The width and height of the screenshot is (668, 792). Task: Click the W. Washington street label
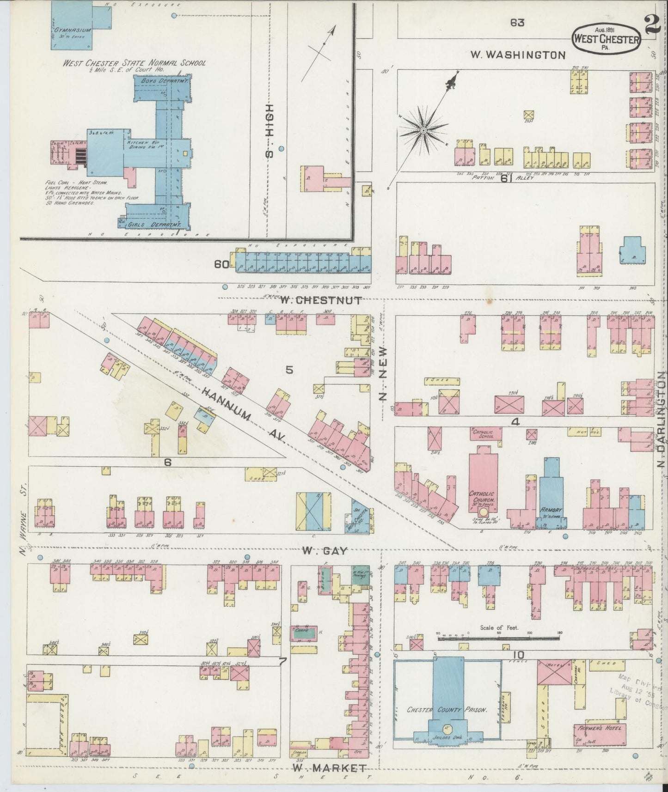pos(518,55)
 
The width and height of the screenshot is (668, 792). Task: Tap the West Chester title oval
pos(606,39)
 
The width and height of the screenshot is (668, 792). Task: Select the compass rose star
pos(423,131)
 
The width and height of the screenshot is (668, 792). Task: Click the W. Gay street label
pos(325,550)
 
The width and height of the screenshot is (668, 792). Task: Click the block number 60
pos(222,264)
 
